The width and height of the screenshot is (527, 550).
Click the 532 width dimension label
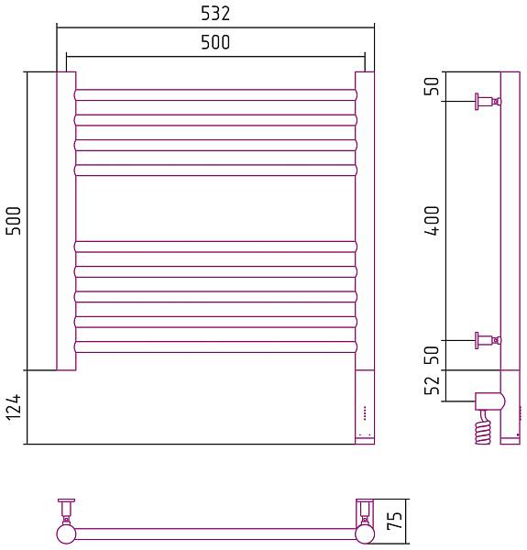click(215, 14)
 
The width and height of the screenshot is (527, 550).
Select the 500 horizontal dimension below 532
click(215, 42)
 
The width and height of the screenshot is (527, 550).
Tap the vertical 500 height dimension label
click(14, 221)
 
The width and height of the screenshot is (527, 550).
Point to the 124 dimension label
click(14, 407)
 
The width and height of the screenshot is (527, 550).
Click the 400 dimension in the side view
click(432, 221)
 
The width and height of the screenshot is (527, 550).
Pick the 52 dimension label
click(432, 386)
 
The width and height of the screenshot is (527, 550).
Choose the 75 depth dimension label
click(394, 521)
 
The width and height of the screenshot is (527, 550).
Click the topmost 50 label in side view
click(432, 86)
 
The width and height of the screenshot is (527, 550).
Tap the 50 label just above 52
click(432, 356)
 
